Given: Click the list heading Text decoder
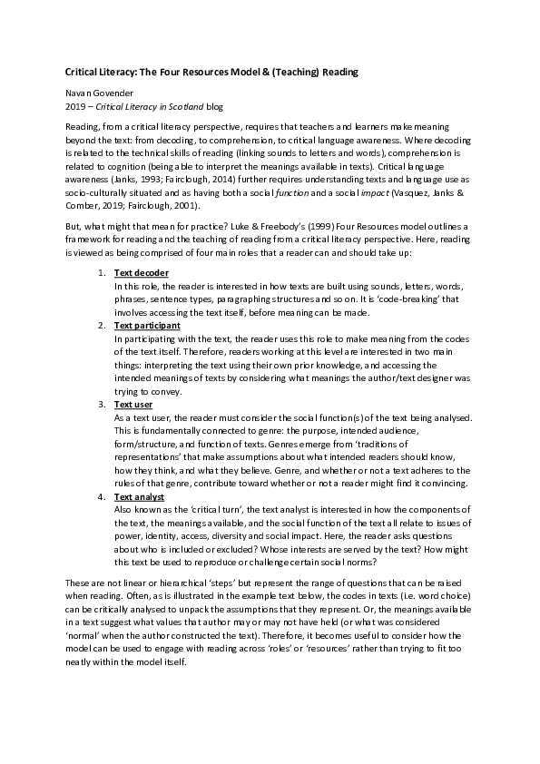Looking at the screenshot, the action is coord(142,273).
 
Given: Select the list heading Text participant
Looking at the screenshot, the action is coord(147,325).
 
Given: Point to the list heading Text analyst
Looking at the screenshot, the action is coord(139,497).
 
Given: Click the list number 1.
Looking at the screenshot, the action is coord(100,273).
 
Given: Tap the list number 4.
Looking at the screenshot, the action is coord(100,497).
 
